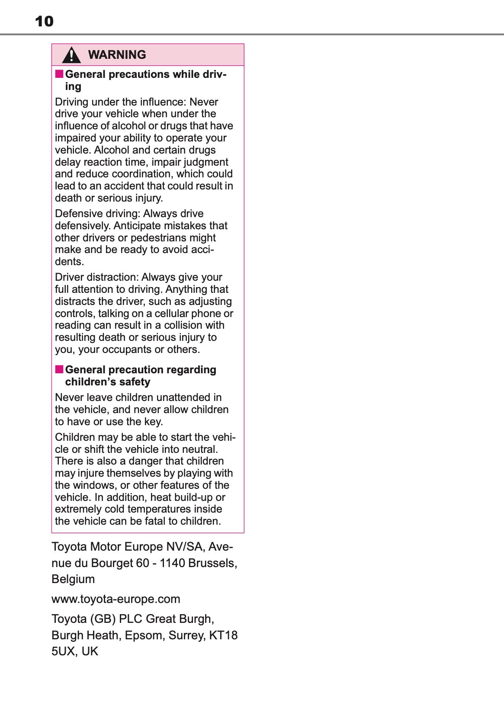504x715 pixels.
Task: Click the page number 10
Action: coord(44,21)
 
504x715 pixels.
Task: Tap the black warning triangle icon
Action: coord(71,55)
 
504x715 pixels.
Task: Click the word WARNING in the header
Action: coord(117,55)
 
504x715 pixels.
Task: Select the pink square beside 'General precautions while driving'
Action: coord(59,74)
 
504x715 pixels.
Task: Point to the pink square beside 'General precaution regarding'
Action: coord(59,369)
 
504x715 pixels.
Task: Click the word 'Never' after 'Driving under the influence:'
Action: coord(204,102)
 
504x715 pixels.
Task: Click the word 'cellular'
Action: coord(172,314)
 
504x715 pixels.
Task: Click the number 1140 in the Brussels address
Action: coord(172,563)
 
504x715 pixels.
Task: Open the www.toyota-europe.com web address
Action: coord(116,599)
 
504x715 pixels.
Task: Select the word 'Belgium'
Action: coord(73,579)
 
